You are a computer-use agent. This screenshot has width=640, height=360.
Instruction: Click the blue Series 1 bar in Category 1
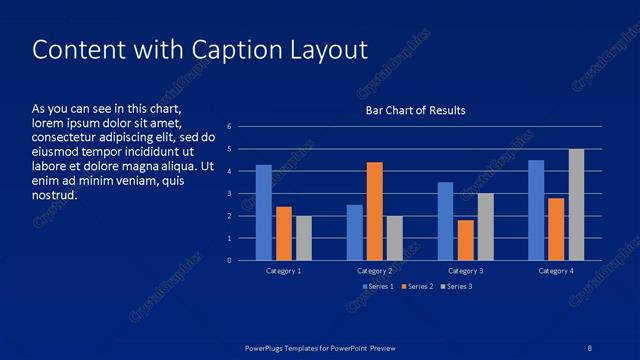(x=264, y=213)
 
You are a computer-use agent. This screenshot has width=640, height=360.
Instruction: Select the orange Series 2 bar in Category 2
(x=375, y=211)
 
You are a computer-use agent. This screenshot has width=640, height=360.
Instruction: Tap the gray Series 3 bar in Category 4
(x=576, y=205)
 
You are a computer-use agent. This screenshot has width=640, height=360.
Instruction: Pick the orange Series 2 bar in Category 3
(x=465, y=240)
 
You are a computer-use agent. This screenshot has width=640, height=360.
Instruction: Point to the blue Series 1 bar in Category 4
(x=536, y=210)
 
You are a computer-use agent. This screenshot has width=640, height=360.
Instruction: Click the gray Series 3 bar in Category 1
(x=304, y=238)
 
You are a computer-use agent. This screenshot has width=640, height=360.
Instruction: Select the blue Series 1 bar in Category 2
(x=355, y=232)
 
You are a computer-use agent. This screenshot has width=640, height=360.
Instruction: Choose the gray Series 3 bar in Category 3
(x=485, y=227)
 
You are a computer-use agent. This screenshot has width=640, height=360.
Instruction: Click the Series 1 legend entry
(x=378, y=287)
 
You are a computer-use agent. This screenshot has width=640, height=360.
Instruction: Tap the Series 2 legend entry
(x=417, y=287)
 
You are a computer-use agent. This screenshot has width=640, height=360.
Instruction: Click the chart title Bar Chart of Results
(x=415, y=110)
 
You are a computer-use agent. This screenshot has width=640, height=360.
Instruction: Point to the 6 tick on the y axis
(x=230, y=127)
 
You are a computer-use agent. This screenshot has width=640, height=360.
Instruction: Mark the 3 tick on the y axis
(x=230, y=194)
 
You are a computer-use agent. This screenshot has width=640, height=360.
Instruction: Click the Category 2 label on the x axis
(x=375, y=271)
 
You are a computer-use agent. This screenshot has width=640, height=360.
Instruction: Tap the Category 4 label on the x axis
(x=556, y=271)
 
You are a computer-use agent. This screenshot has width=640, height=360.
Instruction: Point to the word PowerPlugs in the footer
(x=268, y=347)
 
